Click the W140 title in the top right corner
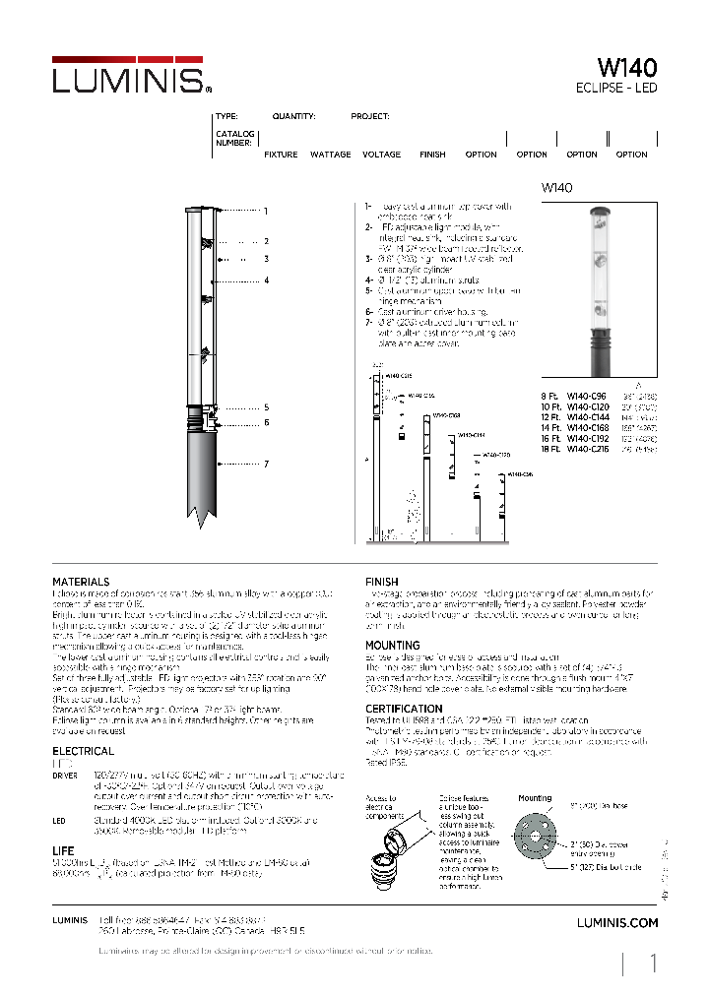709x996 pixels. point(627,68)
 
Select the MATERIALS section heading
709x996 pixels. point(81,583)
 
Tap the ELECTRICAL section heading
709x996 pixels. point(84,751)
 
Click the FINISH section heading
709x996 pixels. point(382,583)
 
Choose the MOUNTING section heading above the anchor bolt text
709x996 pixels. point(392,646)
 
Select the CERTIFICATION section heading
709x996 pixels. point(404,709)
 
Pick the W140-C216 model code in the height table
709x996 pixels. point(589,448)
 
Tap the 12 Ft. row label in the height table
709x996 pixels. point(549,417)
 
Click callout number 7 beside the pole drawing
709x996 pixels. point(266,464)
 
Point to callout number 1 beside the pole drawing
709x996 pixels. point(266,211)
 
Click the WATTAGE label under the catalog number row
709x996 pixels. point(330,155)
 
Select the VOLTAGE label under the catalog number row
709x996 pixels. point(381,155)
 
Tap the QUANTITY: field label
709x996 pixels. point(293,116)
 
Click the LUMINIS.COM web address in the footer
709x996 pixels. point(616,922)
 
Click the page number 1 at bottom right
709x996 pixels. point(653,965)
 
